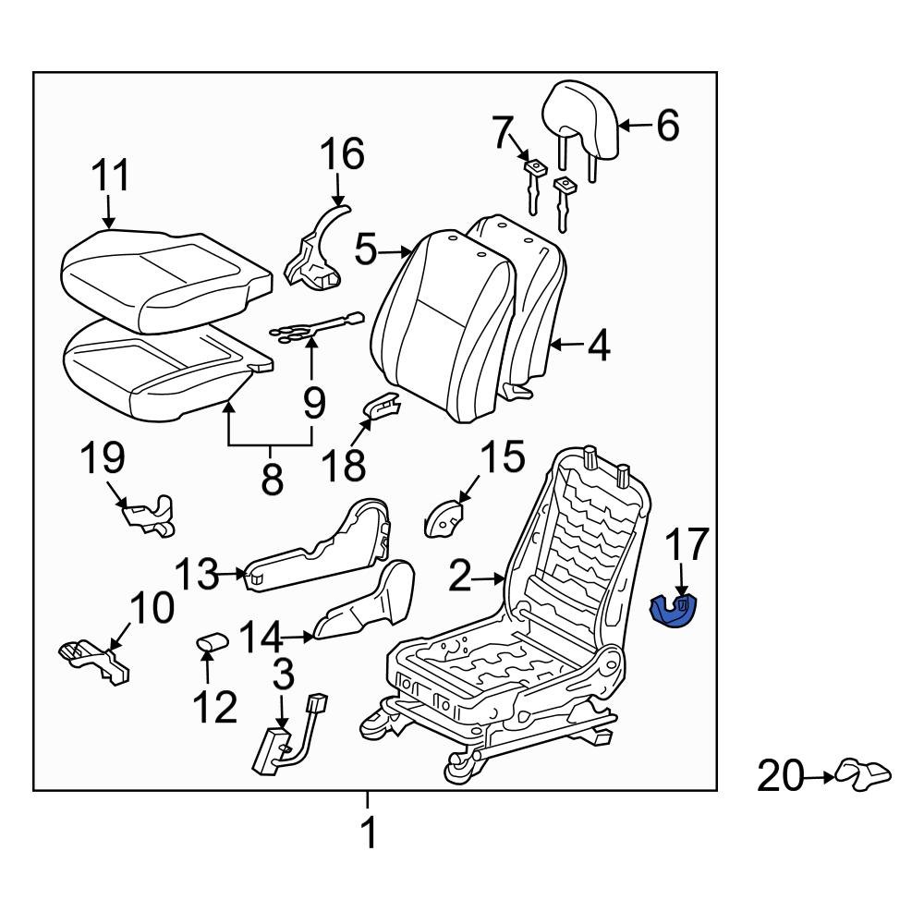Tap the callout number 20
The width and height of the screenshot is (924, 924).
781,776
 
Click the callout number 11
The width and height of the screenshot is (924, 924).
110,176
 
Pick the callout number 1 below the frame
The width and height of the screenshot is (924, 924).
368,833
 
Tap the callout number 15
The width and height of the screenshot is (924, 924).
502,456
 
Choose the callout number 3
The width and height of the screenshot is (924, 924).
283,675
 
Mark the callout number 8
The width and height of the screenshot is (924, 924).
271,479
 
